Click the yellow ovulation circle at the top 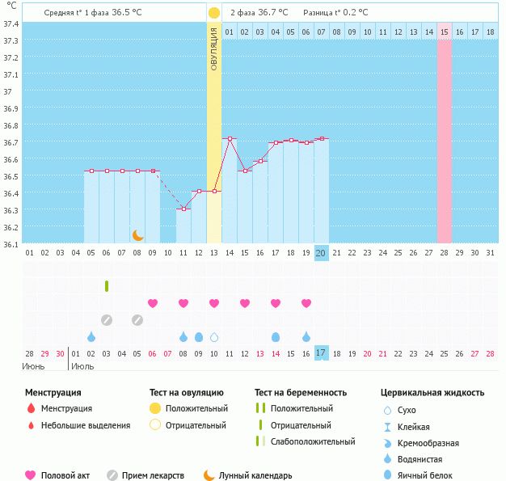click(x=213, y=13)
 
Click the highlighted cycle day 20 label click(x=321, y=253)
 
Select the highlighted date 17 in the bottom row click(x=321, y=353)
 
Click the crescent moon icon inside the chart click(x=138, y=234)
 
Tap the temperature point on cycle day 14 click(x=230, y=139)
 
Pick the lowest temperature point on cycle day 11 click(x=183, y=209)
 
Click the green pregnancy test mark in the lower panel click(x=107, y=286)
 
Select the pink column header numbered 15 click(x=444, y=32)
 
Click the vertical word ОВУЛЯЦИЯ click(x=214, y=48)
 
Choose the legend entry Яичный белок click(x=431, y=475)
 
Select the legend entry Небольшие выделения click(x=85, y=425)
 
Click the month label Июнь click(x=34, y=366)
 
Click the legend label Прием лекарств click(x=153, y=475)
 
